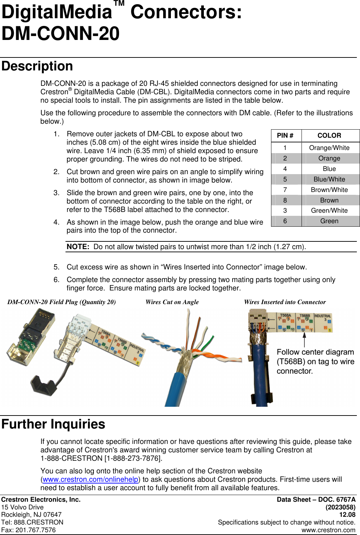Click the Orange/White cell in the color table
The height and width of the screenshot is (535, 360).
coord(329,148)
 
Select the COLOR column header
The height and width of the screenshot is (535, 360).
coord(329,136)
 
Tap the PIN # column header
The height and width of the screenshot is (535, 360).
coord(285,136)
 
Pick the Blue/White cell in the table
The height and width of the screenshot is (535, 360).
coord(329,179)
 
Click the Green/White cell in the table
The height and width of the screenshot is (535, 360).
coord(329,211)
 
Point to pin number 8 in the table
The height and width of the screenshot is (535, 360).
coord(285,200)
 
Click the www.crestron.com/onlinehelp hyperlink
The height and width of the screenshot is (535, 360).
coord(90,479)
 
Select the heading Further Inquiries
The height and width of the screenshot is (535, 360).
coord(53,424)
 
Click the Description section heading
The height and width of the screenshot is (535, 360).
coord(37,66)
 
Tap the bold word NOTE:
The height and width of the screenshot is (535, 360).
coord(78,247)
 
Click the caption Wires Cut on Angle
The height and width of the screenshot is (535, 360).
coord(172,302)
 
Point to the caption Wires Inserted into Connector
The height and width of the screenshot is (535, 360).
coord(285,302)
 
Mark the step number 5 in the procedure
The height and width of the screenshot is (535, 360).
coord(56,267)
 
